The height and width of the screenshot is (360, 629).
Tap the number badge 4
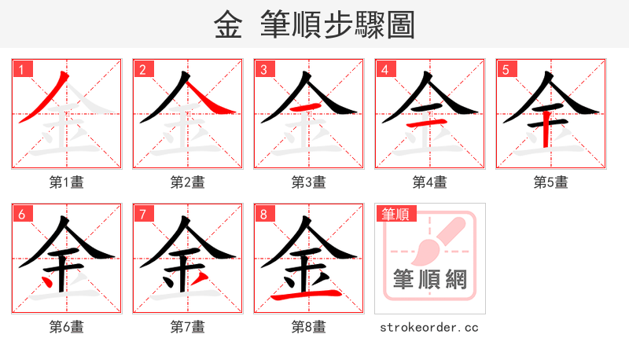[385, 69]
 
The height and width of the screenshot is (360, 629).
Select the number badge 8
[264, 214]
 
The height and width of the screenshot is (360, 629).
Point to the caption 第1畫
[67, 182]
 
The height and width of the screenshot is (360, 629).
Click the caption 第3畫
[309, 182]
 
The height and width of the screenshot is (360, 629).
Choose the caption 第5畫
[551, 182]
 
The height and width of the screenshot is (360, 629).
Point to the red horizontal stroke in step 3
[307, 106]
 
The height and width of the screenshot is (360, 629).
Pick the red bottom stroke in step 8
[309, 295]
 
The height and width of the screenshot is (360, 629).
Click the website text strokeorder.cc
[429, 327]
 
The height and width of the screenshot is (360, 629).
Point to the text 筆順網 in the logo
[430, 279]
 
